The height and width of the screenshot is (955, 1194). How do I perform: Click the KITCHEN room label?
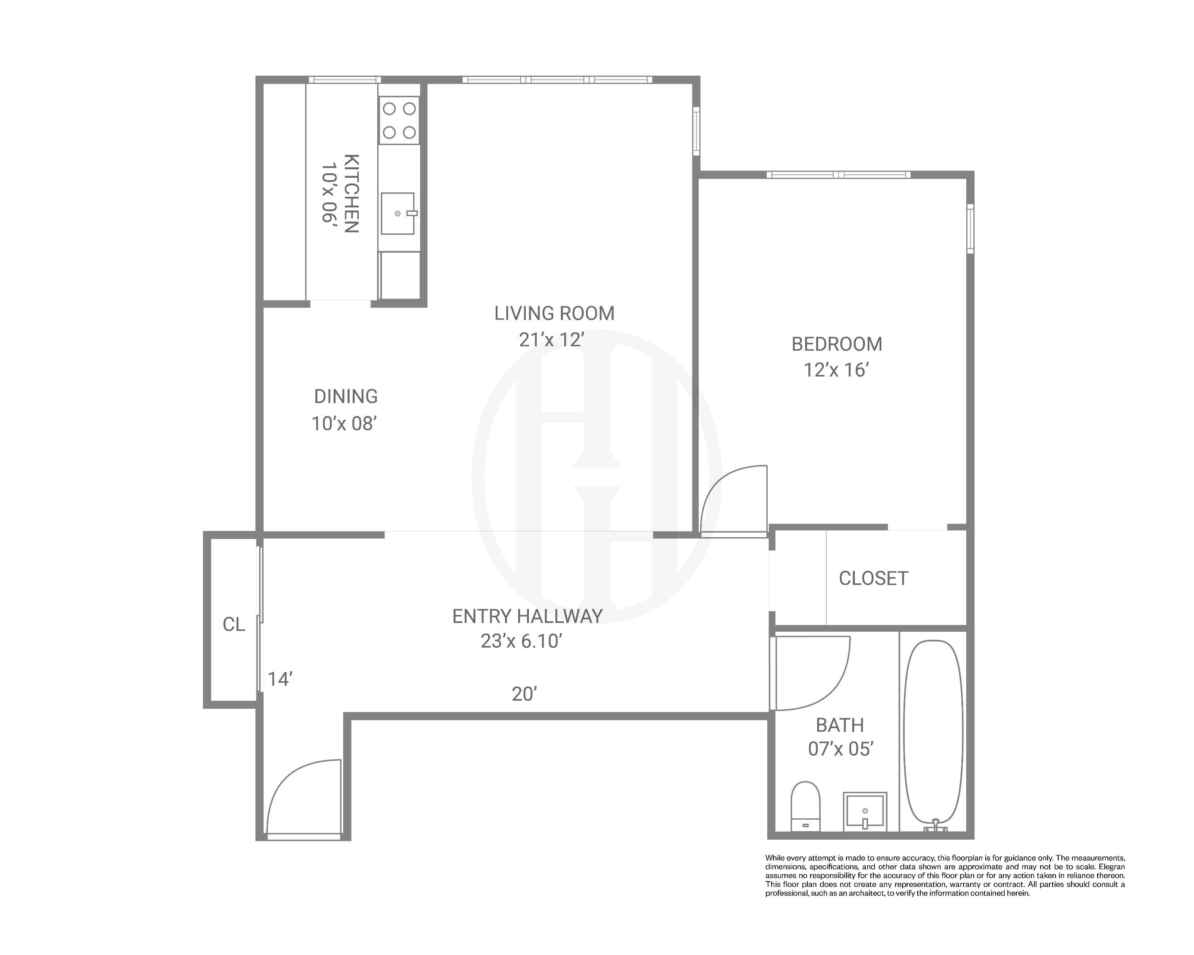352,194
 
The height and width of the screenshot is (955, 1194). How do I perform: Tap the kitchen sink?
398,214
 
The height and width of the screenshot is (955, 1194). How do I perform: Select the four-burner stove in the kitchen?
399,120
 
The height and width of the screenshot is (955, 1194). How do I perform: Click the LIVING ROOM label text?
555,313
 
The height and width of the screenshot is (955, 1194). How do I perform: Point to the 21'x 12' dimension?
551,340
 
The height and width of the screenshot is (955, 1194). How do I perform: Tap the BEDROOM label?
836,344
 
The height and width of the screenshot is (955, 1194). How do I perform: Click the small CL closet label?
233,624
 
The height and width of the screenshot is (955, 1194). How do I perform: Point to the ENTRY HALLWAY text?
527,616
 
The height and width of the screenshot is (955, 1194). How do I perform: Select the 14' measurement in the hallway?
279,679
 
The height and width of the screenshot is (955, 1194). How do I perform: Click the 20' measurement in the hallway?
524,694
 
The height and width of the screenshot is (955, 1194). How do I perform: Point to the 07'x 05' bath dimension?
840,749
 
